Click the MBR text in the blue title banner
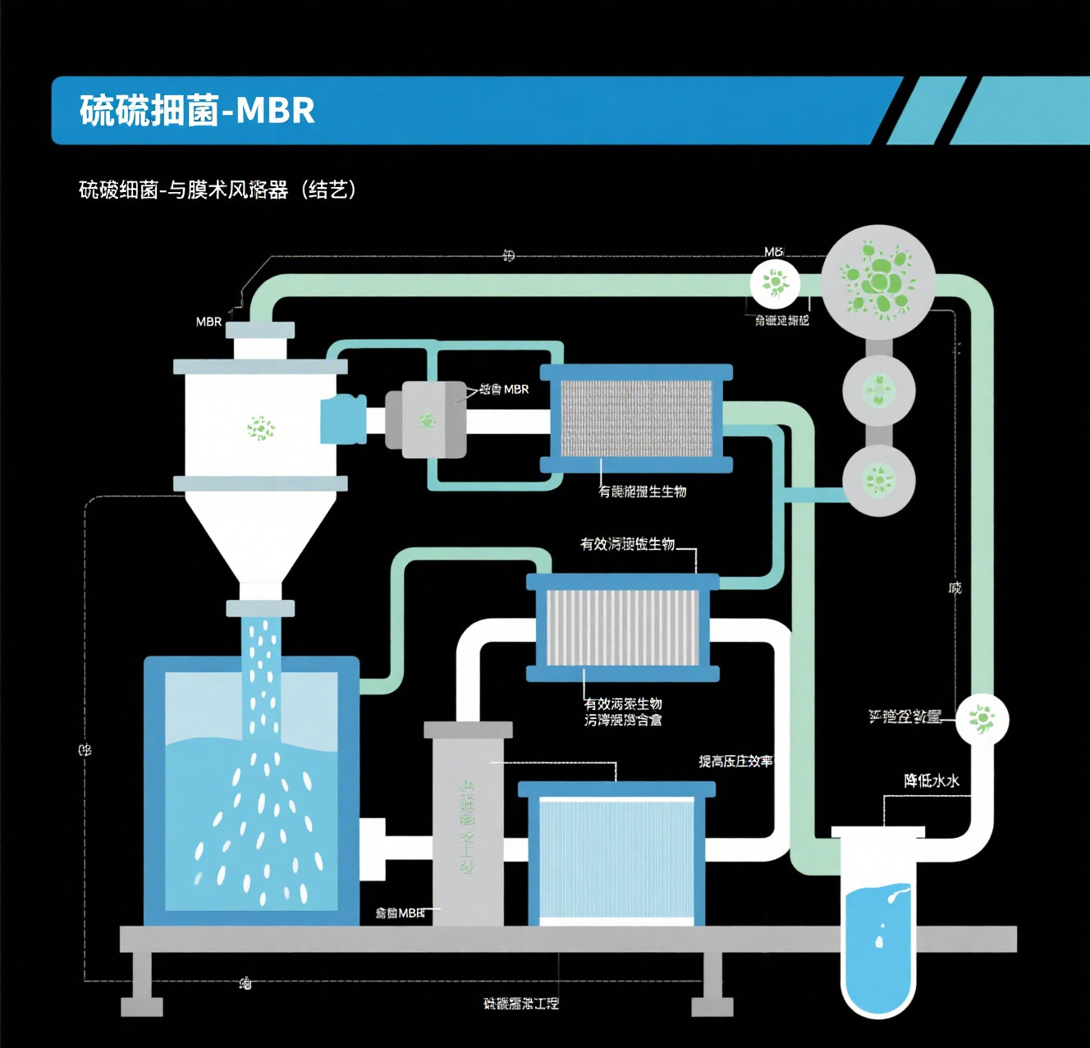click(x=275, y=111)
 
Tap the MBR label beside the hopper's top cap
click(x=208, y=322)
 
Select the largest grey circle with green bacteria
click(x=878, y=281)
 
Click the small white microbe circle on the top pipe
click(x=774, y=283)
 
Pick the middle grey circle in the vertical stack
click(x=878, y=390)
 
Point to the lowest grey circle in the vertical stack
click(x=878, y=479)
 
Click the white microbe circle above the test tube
click(x=981, y=718)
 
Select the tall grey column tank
click(x=467, y=825)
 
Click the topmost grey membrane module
click(x=636, y=419)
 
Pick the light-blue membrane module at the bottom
click(x=617, y=858)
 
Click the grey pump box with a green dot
click(x=426, y=420)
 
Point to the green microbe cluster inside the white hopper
click(x=261, y=428)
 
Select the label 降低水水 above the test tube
click(x=932, y=780)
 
